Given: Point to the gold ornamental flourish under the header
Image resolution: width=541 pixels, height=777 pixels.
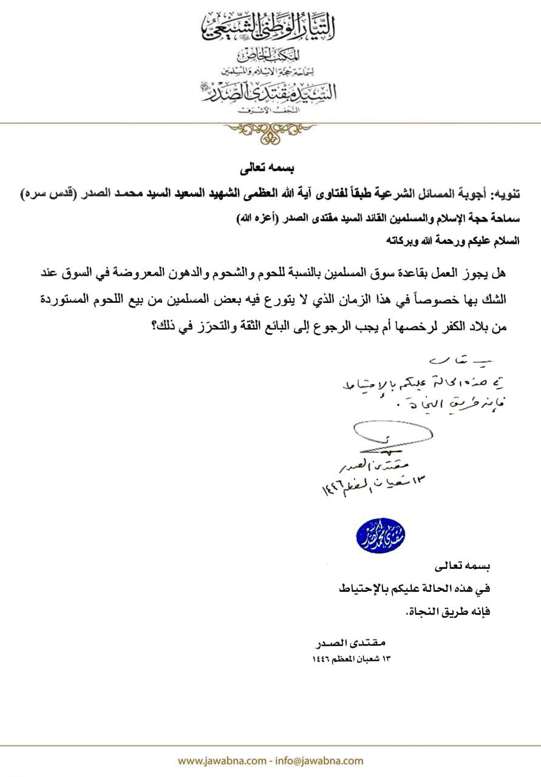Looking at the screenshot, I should [270, 132].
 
